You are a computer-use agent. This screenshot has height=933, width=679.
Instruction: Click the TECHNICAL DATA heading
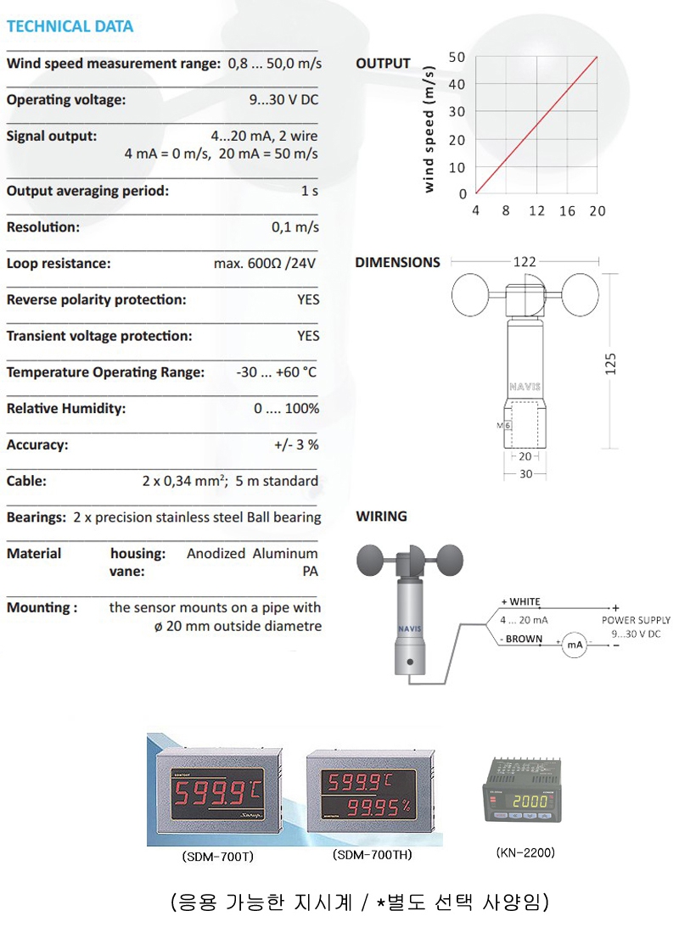pos(70,26)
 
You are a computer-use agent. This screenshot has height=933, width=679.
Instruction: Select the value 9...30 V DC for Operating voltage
pos(283,100)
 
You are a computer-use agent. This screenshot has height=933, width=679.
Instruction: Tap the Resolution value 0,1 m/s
pos(295,227)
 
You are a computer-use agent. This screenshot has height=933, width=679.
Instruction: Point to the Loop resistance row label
pos(59,264)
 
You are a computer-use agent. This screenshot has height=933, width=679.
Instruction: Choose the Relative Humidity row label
pos(66,409)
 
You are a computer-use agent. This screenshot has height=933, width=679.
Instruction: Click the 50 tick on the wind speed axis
pos(457,57)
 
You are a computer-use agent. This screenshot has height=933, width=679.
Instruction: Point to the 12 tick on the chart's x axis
pos(536,211)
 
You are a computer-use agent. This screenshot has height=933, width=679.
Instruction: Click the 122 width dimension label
pos(525,263)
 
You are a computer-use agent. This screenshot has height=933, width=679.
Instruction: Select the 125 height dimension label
pos(612,363)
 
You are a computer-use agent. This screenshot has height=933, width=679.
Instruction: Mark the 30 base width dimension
pos(526,474)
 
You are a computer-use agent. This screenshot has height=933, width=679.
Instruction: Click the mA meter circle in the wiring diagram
pos(575,645)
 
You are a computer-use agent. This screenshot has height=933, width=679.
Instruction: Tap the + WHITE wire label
pos(520,601)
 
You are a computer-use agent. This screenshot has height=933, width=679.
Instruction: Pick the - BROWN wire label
pos(521,639)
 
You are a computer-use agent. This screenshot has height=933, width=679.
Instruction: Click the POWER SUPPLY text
pos(636,620)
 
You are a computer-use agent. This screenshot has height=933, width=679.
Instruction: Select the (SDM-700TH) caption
pos(373,855)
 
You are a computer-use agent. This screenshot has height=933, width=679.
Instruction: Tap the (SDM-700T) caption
pos(218,857)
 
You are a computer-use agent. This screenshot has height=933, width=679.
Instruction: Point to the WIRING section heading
pos(381,516)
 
